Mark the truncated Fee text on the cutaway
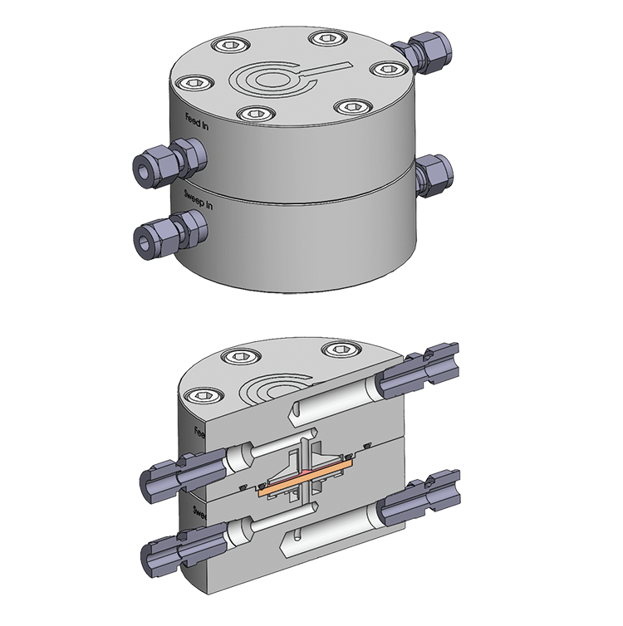click(x=199, y=433)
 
